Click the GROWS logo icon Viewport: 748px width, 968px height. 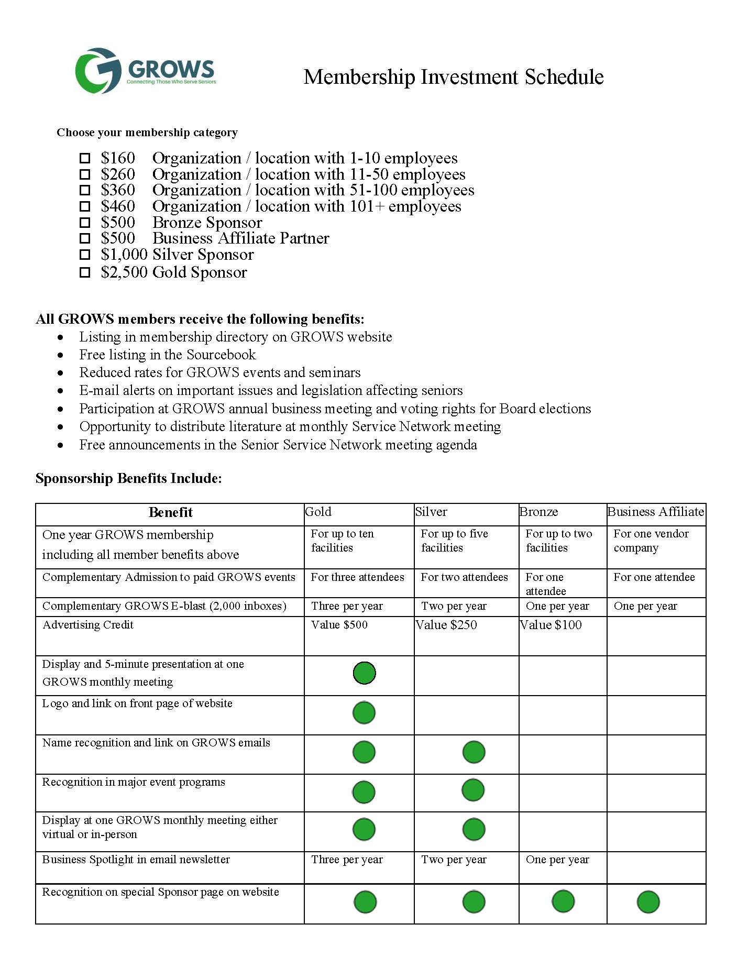(98, 71)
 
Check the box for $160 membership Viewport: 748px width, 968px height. (85, 158)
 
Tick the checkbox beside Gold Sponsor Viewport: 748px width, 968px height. (85, 273)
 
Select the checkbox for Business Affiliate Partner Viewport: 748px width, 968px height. (85, 239)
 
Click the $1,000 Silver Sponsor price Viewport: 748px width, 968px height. (124, 255)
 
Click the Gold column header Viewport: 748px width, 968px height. (318, 512)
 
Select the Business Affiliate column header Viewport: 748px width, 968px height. (655, 512)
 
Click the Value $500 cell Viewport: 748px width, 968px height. (339, 625)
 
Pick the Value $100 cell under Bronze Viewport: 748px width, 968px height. (551, 625)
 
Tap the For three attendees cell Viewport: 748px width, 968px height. (357, 577)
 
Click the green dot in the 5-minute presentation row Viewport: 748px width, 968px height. (364, 673)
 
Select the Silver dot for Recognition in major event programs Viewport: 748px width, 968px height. (473, 790)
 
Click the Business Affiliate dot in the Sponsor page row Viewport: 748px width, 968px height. (648, 903)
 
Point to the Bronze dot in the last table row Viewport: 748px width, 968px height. (563, 901)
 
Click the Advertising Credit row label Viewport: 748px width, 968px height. (88, 625)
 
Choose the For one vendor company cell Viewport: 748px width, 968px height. (651, 541)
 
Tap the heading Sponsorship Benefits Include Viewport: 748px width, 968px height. (129, 479)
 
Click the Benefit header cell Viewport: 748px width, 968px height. (170, 513)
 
